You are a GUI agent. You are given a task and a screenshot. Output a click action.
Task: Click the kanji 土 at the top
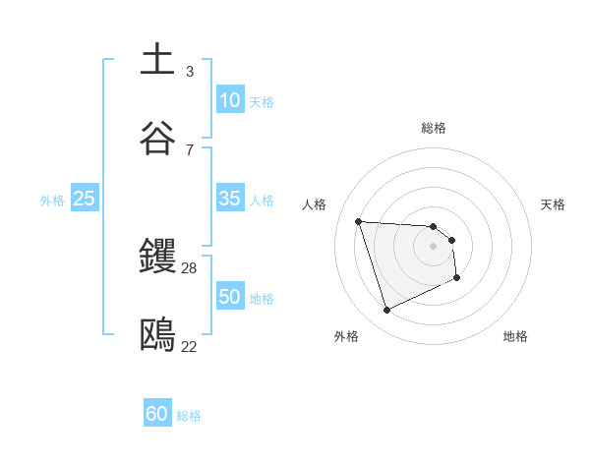pos(157,59)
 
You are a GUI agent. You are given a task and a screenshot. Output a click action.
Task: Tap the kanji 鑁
pos(157,257)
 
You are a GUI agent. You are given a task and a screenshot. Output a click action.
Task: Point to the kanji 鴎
pos(157,335)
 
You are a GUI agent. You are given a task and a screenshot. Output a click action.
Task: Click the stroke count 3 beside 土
pos(190,71)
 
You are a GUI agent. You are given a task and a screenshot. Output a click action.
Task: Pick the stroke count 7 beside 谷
pos(190,149)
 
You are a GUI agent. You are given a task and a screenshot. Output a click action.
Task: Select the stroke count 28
pos(190,268)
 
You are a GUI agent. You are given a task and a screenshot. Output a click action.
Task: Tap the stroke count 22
pos(190,346)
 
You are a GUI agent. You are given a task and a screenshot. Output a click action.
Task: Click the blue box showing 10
pos(229,100)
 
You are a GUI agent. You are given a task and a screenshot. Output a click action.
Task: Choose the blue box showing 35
pos(229,199)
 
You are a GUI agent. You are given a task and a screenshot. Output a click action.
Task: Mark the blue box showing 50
pos(229,297)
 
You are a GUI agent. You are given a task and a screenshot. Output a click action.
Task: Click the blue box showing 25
pos(85,199)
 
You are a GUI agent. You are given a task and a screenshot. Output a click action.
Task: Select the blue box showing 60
pos(157,414)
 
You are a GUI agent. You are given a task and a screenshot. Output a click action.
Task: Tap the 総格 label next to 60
pos(189,416)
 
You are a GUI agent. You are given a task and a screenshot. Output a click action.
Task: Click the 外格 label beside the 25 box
pos(52,201)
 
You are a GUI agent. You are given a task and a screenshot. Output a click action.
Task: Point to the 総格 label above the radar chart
pos(433,128)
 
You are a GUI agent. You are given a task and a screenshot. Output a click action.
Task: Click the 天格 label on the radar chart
pos(554,204)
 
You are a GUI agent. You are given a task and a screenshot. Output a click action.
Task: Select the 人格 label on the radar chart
pos(314,204)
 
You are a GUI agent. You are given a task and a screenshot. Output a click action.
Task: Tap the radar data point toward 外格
pos(386,311)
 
